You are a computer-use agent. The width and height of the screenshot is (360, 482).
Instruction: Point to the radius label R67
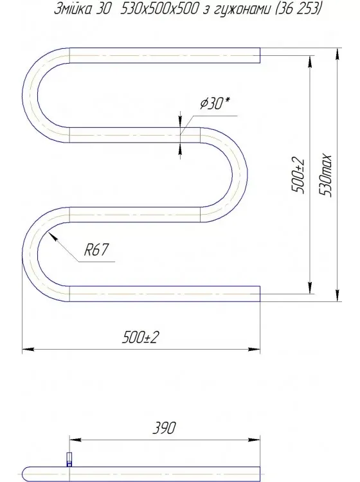coord(94,251)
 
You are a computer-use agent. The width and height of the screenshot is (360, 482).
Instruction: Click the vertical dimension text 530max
coord(328,175)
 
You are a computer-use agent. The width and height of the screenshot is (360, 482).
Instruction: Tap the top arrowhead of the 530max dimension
coord(336,52)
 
